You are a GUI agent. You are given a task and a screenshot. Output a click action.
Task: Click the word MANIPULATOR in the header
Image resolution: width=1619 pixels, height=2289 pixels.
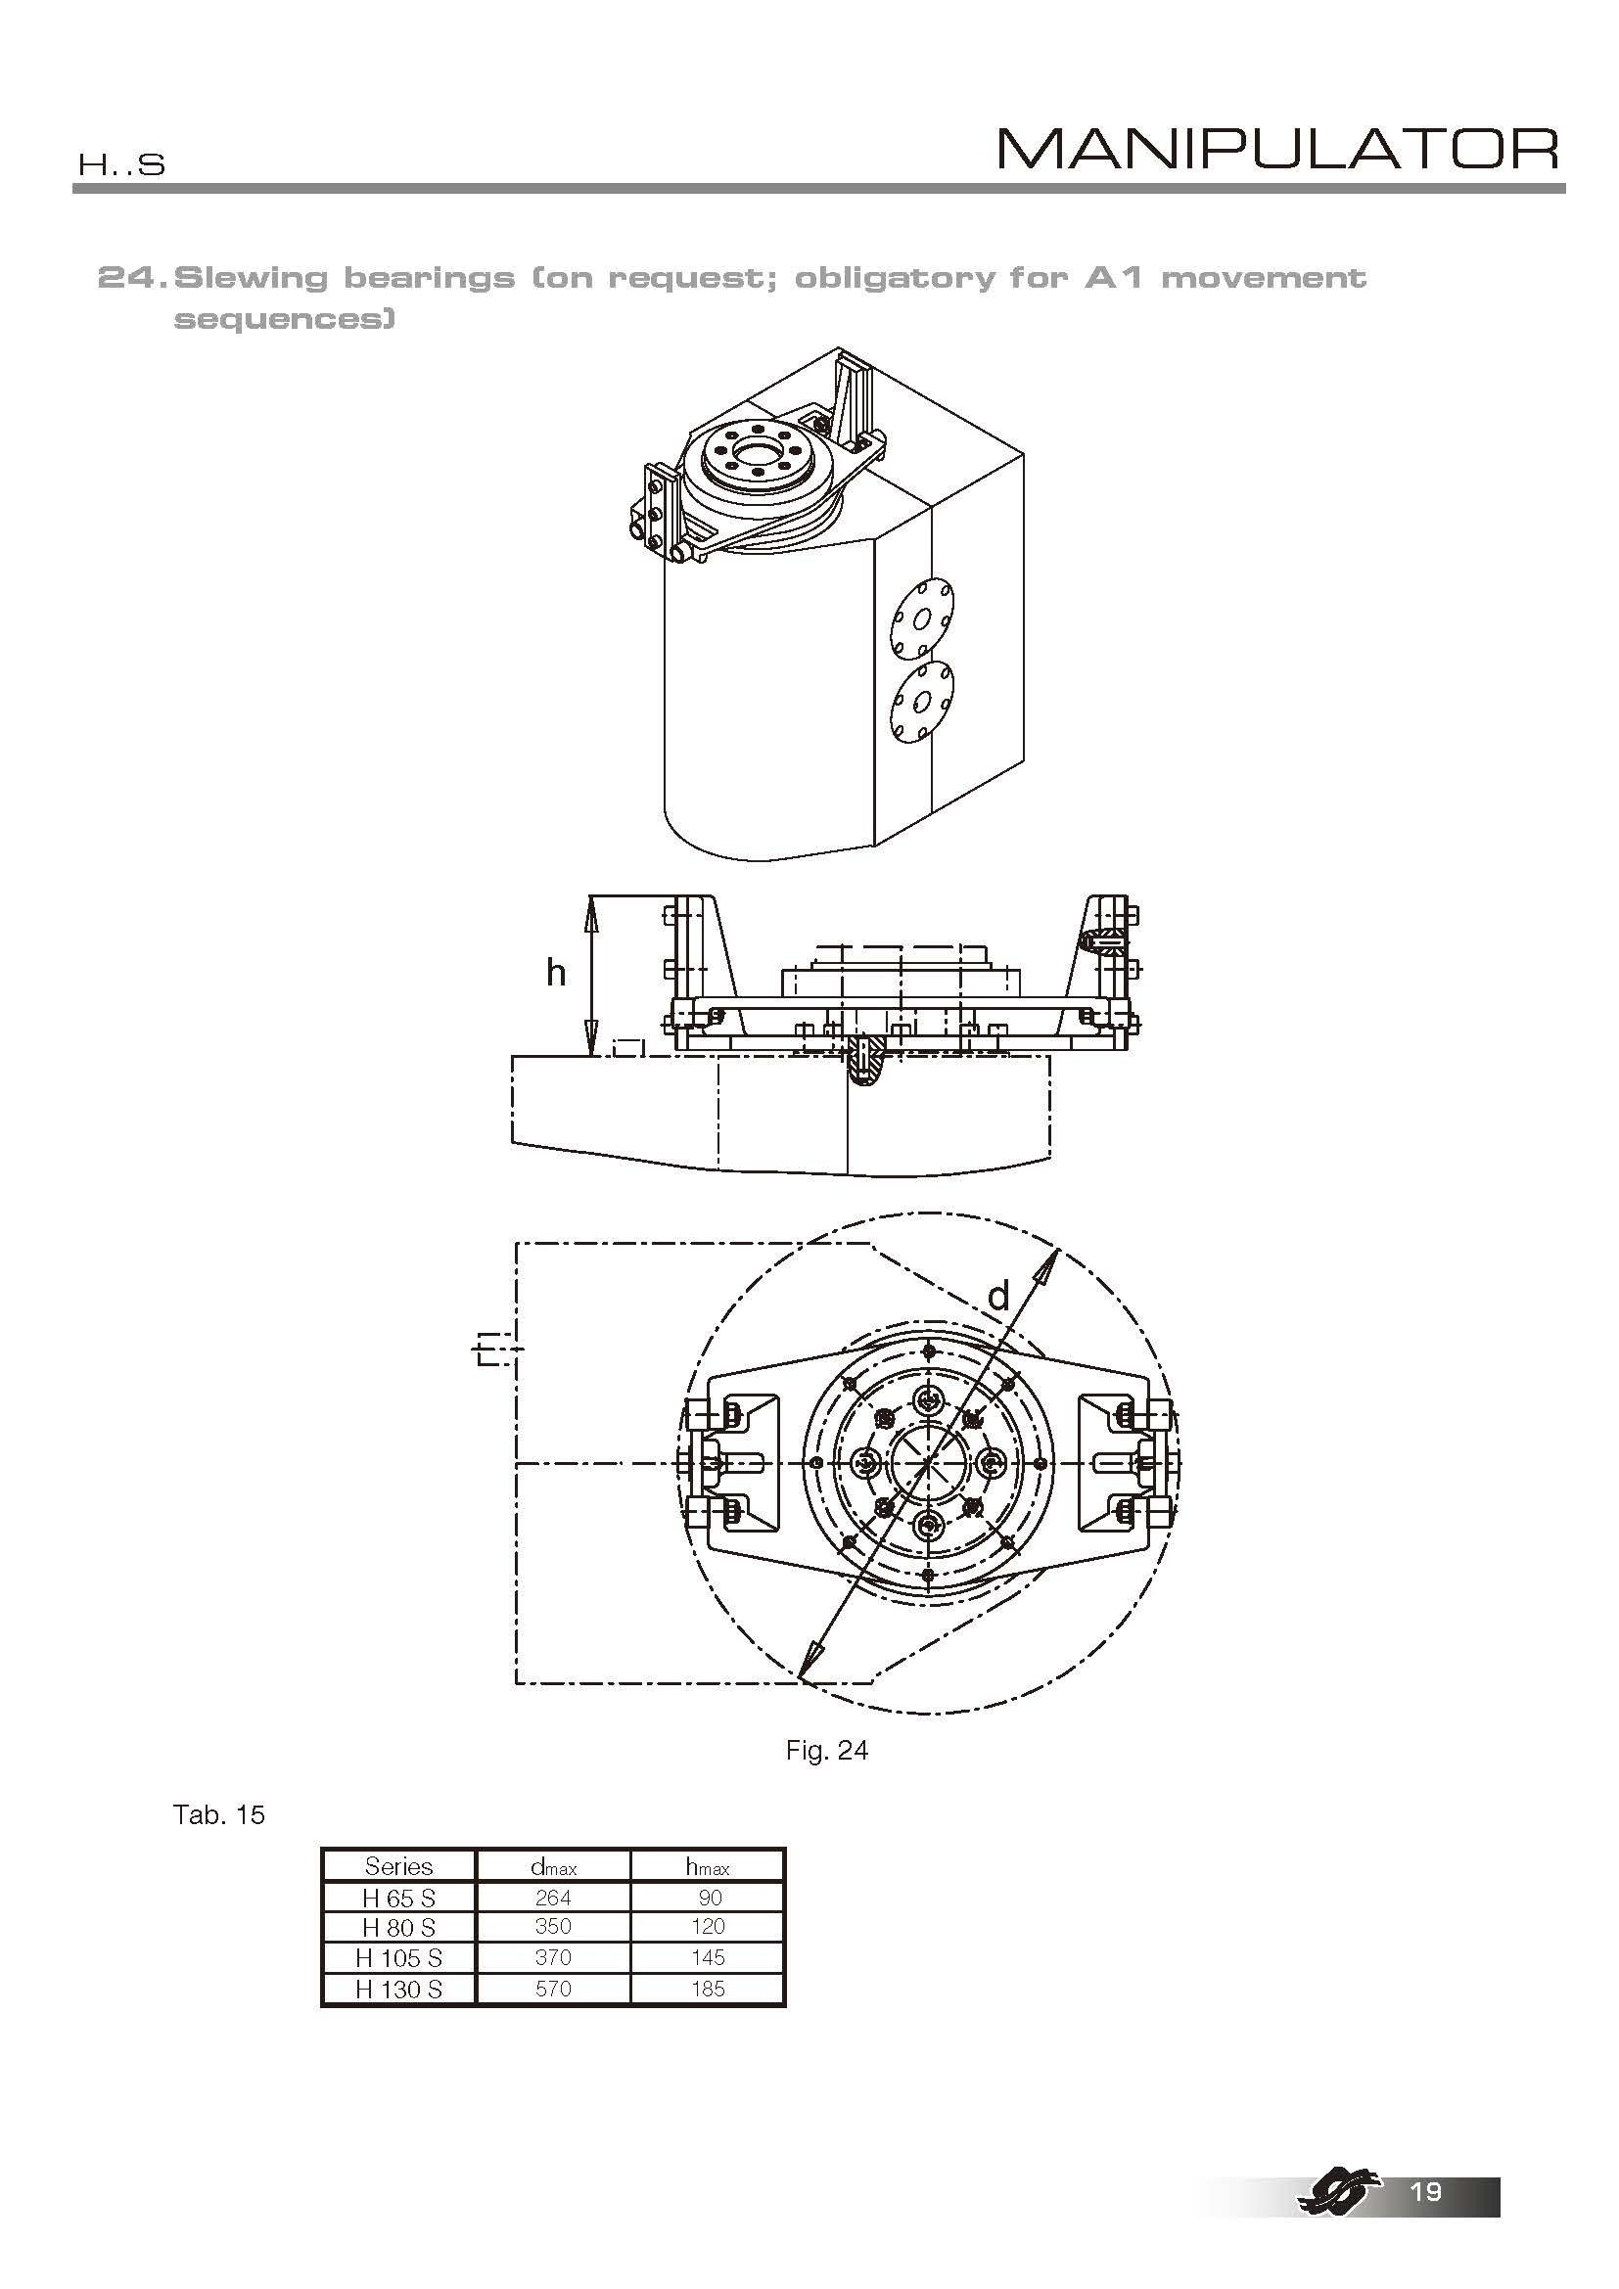pyautogui.click(x=1279, y=150)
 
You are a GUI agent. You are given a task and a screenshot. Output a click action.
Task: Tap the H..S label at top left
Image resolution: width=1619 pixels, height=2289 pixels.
pyautogui.click(x=121, y=164)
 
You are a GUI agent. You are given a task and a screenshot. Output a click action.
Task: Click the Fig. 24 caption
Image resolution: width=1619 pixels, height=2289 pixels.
pyautogui.click(x=826, y=1750)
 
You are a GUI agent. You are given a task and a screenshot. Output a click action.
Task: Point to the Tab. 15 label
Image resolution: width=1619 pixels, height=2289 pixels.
pyautogui.click(x=219, y=1814)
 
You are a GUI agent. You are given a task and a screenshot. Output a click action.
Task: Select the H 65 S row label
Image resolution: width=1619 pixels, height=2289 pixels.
pyautogui.click(x=398, y=1899)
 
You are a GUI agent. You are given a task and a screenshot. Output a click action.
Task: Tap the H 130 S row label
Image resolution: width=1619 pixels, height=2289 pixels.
pyautogui.click(x=398, y=1989)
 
